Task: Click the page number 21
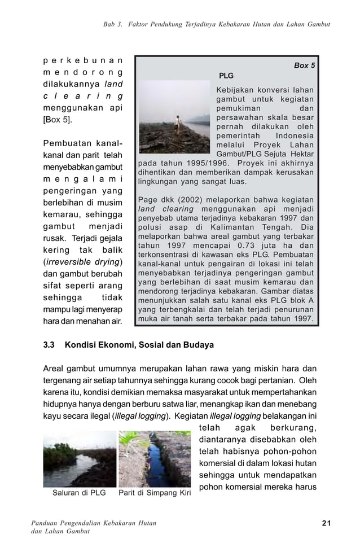click(326, 523)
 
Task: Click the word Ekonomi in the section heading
click(122, 344)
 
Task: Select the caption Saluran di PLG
click(79, 492)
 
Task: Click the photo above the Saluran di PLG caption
click(79, 458)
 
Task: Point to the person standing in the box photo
click(179, 124)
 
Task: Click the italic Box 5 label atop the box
click(304, 65)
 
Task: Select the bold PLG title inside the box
click(226, 76)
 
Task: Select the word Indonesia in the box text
click(296, 136)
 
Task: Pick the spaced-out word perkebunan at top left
click(84, 60)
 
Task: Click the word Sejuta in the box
click(271, 154)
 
